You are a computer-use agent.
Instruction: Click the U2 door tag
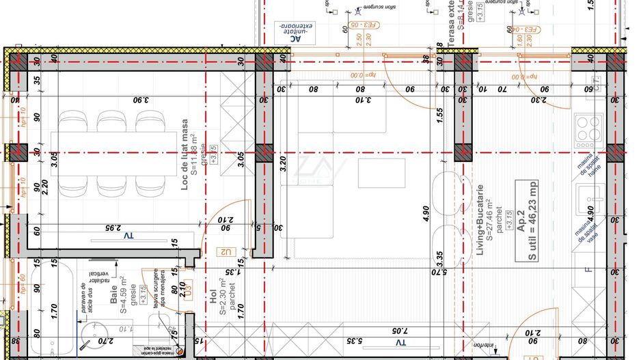click(x=226, y=252)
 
